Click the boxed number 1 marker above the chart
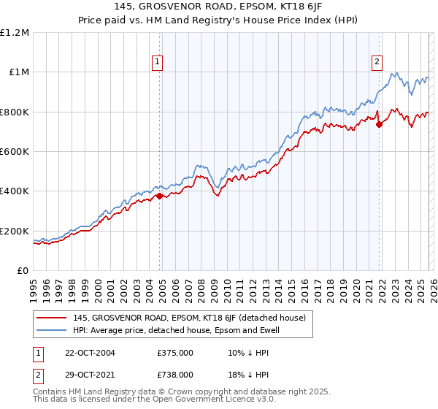click(x=158, y=62)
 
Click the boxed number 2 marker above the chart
click(x=377, y=62)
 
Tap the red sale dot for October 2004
click(x=160, y=196)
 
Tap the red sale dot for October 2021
click(x=379, y=124)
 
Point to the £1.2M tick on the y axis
click(x=15, y=33)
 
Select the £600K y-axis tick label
click(x=15, y=152)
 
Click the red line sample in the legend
click(x=53, y=318)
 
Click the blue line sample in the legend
click(x=53, y=330)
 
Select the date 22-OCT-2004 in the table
click(x=91, y=353)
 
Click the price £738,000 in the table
click(x=175, y=374)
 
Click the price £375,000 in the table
click(x=175, y=353)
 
